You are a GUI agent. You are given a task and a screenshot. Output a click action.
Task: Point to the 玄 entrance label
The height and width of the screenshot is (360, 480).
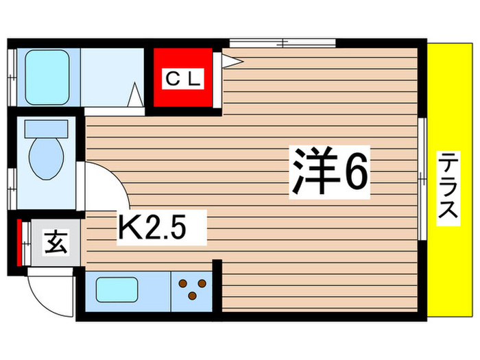click(x=56, y=243)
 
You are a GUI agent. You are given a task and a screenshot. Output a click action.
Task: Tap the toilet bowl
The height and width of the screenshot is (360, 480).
click(x=47, y=157)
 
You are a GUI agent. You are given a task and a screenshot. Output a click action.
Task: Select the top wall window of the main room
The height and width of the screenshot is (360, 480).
click(x=282, y=43)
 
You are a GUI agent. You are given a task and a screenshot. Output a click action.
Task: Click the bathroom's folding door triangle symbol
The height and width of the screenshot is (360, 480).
click(x=135, y=93)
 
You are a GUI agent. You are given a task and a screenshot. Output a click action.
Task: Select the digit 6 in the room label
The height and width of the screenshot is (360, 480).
click(x=356, y=172)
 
